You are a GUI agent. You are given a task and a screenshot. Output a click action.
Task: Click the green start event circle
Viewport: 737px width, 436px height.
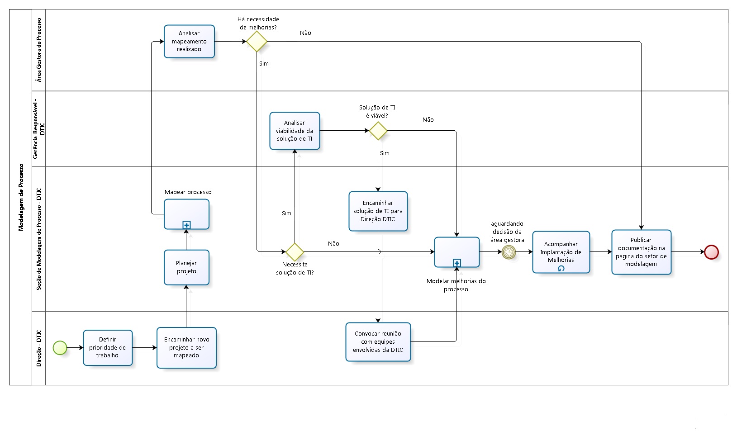tap(60, 348)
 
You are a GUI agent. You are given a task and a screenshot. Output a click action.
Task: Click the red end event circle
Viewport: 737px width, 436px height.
tap(711, 252)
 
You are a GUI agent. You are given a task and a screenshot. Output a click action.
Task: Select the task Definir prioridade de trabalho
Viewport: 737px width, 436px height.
tap(108, 347)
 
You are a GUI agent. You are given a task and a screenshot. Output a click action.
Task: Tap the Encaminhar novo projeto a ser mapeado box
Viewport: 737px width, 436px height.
tap(186, 347)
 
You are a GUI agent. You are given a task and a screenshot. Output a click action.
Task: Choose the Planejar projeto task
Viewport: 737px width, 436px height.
tap(186, 267)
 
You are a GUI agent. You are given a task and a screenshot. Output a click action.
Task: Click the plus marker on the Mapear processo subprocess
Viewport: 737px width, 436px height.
tap(186, 225)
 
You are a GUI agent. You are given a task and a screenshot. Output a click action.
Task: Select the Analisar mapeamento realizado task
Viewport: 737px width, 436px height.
tap(189, 41)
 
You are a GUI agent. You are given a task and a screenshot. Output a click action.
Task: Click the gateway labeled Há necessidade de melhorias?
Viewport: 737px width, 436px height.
tap(257, 41)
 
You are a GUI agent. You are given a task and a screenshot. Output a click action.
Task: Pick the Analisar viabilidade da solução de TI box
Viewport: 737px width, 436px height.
tap(295, 131)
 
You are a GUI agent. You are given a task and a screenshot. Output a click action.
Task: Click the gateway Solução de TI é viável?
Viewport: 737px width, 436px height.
tap(378, 131)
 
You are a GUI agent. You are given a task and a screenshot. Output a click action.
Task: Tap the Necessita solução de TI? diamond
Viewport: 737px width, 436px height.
tap(295, 252)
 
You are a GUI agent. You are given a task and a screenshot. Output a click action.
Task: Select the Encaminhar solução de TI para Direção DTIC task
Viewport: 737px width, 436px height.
tap(378, 211)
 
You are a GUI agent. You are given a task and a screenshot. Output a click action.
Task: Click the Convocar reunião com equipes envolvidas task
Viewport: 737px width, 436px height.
tap(378, 341)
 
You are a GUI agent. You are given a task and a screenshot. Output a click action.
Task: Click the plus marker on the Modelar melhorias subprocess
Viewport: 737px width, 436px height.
tap(456, 263)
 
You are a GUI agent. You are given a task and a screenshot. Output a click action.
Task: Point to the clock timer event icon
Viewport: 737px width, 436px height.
tap(509, 252)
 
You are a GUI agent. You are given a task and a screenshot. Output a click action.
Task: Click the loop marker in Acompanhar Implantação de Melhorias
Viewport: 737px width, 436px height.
tap(561, 268)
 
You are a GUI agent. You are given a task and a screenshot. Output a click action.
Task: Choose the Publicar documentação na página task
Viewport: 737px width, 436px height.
tap(641, 252)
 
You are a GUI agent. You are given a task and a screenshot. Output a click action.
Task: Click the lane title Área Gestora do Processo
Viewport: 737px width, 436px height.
tap(39, 50)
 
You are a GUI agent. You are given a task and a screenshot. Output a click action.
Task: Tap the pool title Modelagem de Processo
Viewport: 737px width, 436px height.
tap(21, 197)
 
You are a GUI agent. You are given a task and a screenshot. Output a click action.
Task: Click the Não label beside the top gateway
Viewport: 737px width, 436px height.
tap(305, 33)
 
